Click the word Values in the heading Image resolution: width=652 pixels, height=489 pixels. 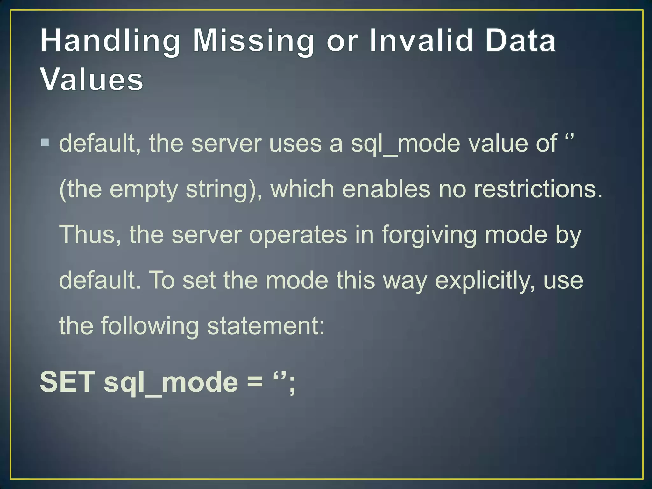click(92, 80)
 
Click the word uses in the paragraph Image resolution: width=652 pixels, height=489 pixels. click(295, 144)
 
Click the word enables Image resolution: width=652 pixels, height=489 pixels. click(386, 189)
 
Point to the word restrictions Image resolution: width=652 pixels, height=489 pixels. click(538, 189)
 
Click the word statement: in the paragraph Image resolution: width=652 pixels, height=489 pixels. click(266, 326)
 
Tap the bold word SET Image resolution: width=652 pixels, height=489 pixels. click(67, 382)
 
